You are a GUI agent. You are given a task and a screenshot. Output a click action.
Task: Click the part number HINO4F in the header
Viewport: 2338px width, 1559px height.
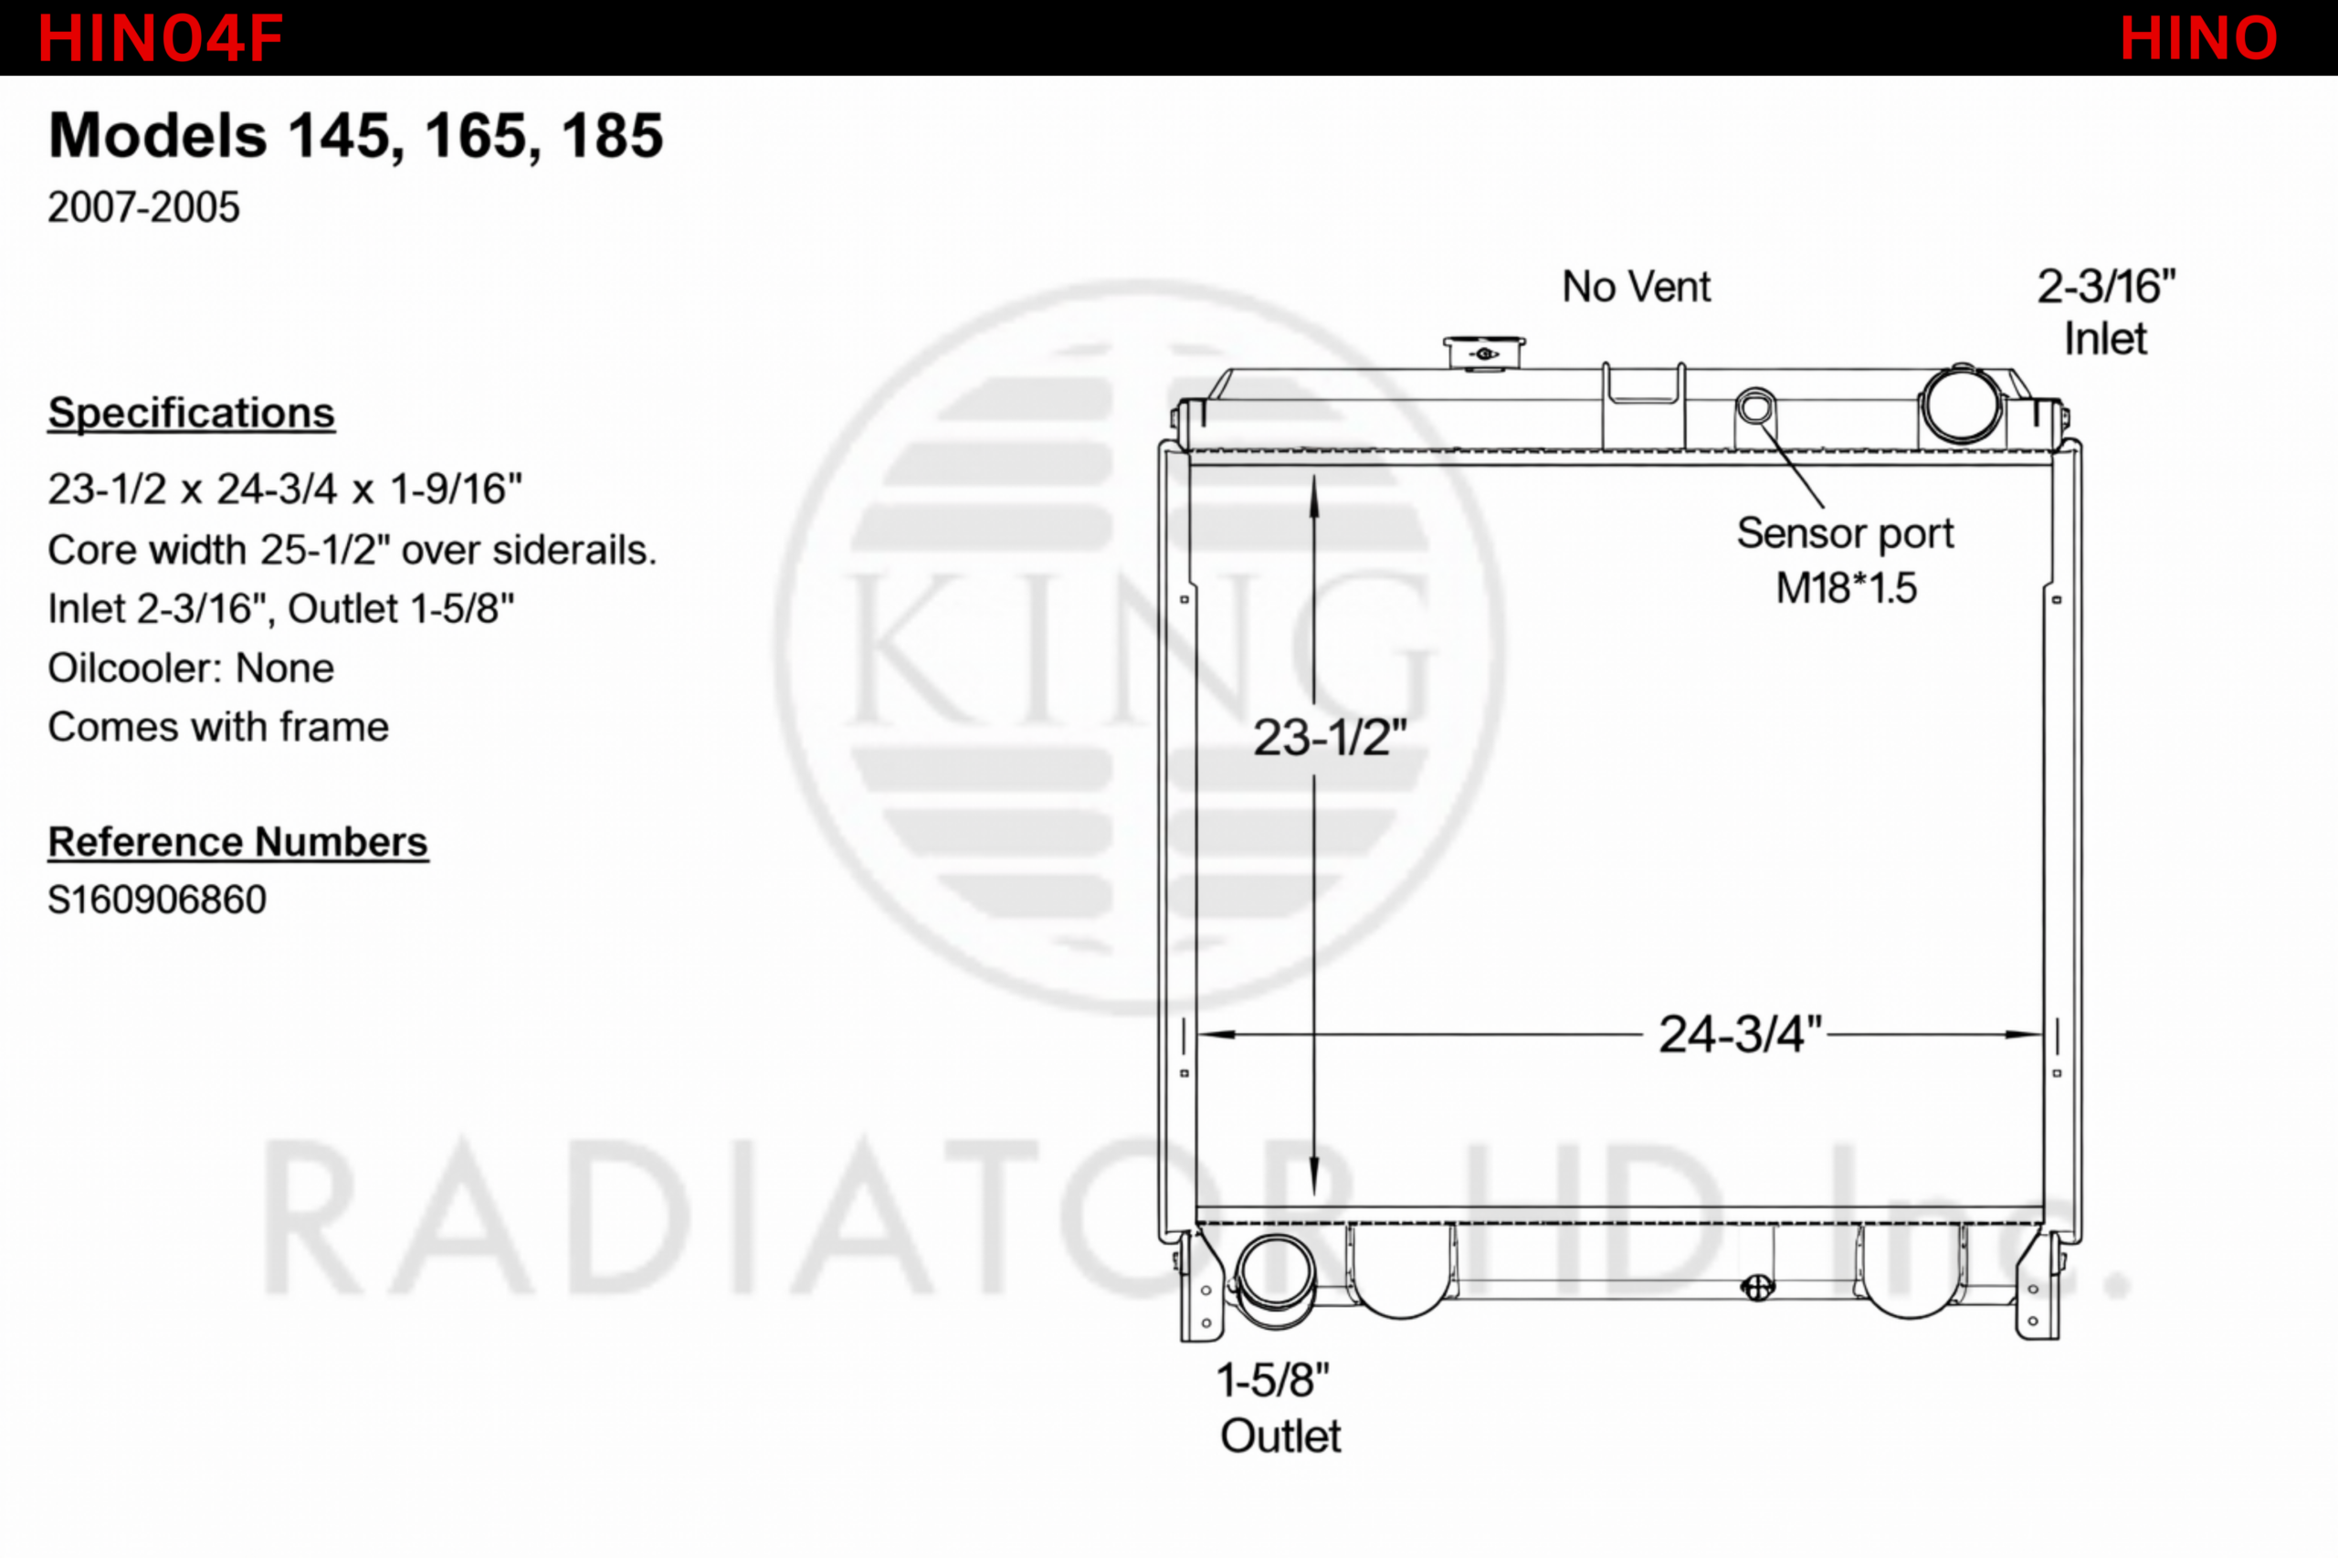pos(160,38)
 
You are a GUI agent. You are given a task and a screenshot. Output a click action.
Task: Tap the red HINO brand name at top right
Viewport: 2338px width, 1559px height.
pos(2198,38)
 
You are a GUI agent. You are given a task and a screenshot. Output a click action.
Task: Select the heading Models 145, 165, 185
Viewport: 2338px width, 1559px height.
pos(356,136)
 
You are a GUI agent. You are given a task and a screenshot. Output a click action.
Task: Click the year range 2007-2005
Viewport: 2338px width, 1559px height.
pos(144,206)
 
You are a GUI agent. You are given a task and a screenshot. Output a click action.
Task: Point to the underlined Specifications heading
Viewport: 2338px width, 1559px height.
pos(192,414)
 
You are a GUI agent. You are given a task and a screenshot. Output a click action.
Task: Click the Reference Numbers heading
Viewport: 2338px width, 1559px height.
pos(238,842)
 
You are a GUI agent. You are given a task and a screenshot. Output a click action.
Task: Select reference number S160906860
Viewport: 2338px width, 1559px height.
pos(157,900)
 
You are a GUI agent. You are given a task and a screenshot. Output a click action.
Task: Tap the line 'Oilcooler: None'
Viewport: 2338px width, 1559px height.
pos(191,669)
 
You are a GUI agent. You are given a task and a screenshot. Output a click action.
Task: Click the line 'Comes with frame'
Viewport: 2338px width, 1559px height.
pos(218,727)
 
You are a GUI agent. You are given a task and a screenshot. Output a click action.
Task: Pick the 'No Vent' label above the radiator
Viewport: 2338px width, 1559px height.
pos(1637,287)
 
